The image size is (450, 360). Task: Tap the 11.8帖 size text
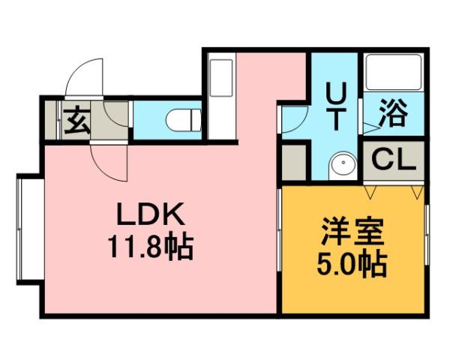(x=150, y=246)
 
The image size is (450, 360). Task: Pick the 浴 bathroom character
(x=391, y=113)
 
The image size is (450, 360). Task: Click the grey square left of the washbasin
(x=295, y=161)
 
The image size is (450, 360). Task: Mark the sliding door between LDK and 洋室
(x=280, y=247)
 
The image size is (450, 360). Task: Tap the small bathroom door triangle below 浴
(x=370, y=128)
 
